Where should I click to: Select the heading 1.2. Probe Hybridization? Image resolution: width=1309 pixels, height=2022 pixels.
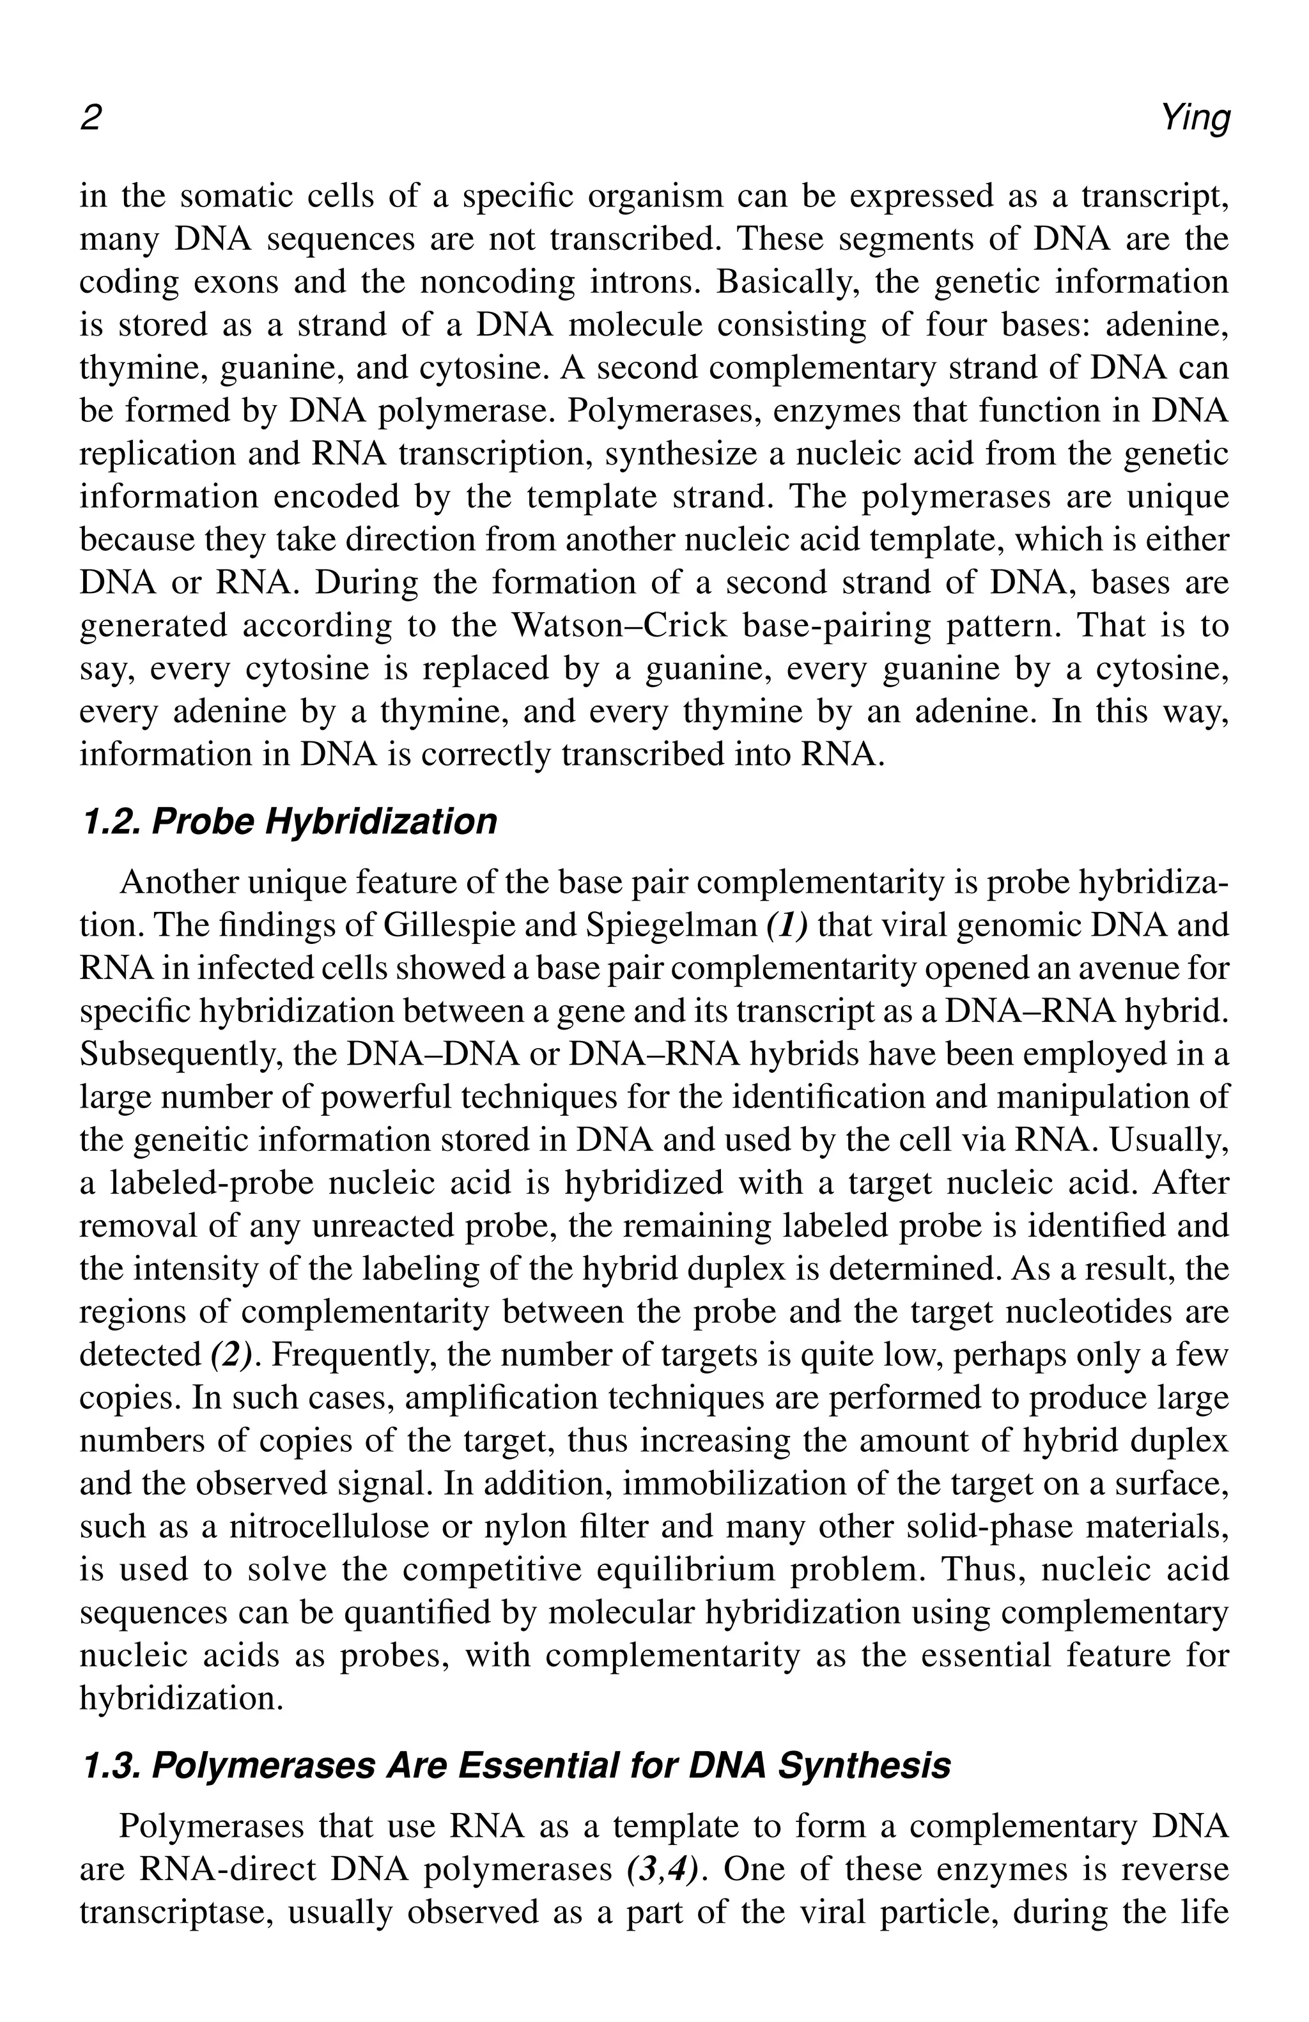tap(288, 822)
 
